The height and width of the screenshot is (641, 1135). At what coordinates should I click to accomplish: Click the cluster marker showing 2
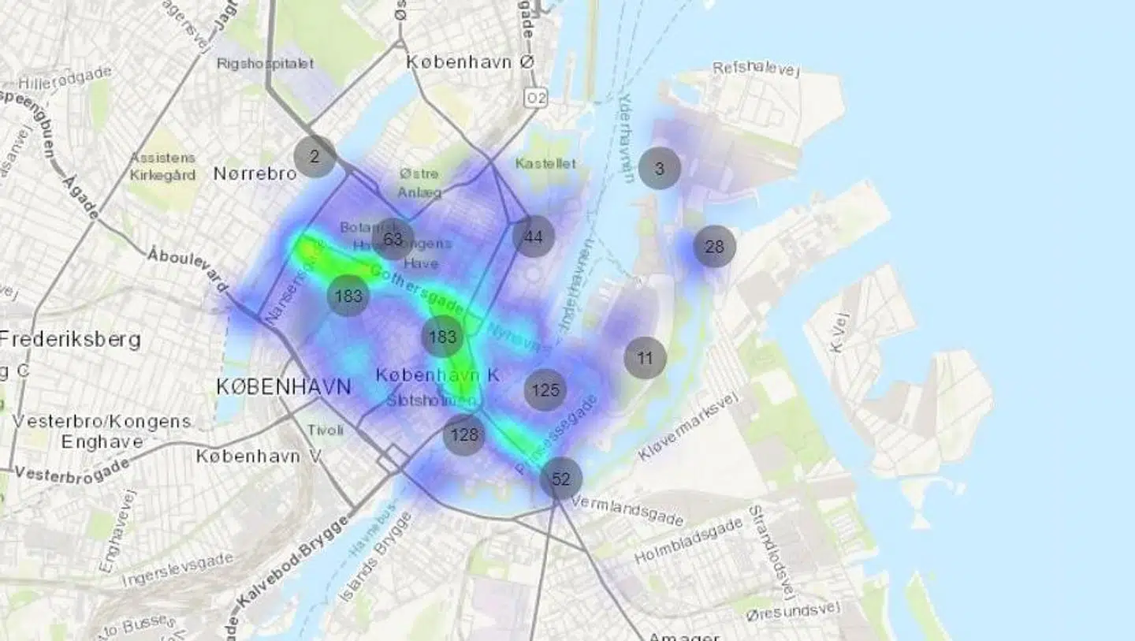pyautogui.click(x=314, y=156)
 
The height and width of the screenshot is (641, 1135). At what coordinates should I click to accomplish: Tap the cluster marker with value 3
pyautogui.click(x=660, y=168)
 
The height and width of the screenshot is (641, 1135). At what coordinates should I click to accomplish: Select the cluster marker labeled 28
pyautogui.click(x=714, y=247)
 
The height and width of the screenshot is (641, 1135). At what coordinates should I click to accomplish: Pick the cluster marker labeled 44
pyautogui.click(x=534, y=237)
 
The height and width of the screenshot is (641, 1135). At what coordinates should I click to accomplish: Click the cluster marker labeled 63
pyautogui.click(x=393, y=239)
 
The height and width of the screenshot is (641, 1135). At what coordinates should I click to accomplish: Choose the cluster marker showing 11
pyautogui.click(x=645, y=358)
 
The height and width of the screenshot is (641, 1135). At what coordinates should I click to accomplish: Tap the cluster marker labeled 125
pyautogui.click(x=545, y=389)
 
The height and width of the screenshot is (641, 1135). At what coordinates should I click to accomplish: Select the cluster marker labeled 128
pyautogui.click(x=464, y=434)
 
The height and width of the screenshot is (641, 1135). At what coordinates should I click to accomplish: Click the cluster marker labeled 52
pyautogui.click(x=560, y=479)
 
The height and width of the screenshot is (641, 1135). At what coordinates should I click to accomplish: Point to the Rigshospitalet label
pyautogui.click(x=265, y=63)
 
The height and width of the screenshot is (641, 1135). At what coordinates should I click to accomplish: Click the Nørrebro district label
pyautogui.click(x=255, y=173)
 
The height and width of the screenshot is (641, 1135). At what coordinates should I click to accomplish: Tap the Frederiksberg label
pyautogui.click(x=71, y=340)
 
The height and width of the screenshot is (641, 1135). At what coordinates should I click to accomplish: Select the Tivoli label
pyautogui.click(x=326, y=430)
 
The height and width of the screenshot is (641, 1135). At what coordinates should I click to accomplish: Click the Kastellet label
pyautogui.click(x=545, y=164)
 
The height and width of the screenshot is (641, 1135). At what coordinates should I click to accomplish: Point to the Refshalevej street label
pyautogui.click(x=756, y=69)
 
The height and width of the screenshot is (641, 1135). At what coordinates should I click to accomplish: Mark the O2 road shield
pyautogui.click(x=536, y=97)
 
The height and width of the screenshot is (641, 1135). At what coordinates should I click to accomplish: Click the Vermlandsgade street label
pyautogui.click(x=627, y=510)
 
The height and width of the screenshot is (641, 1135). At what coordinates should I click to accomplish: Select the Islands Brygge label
pyautogui.click(x=376, y=557)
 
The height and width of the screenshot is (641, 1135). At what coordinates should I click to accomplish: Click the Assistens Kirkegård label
pyautogui.click(x=162, y=166)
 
